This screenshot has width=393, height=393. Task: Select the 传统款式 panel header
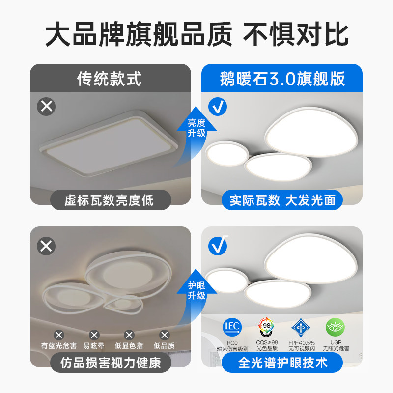[x=110, y=79]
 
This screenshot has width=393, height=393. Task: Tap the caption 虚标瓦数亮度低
[x=110, y=200]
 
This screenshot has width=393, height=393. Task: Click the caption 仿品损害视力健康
[x=110, y=363]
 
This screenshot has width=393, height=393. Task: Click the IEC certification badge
[x=232, y=326]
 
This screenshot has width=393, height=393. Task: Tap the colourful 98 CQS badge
[x=266, y=326]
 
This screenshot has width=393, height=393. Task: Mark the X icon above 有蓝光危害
[x=59, y=335]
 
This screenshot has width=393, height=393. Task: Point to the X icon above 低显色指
[x=129, y=335]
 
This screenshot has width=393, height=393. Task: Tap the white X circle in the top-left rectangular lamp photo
[x=47, y=106]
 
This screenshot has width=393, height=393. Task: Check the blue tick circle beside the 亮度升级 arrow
[x=218, y=107]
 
